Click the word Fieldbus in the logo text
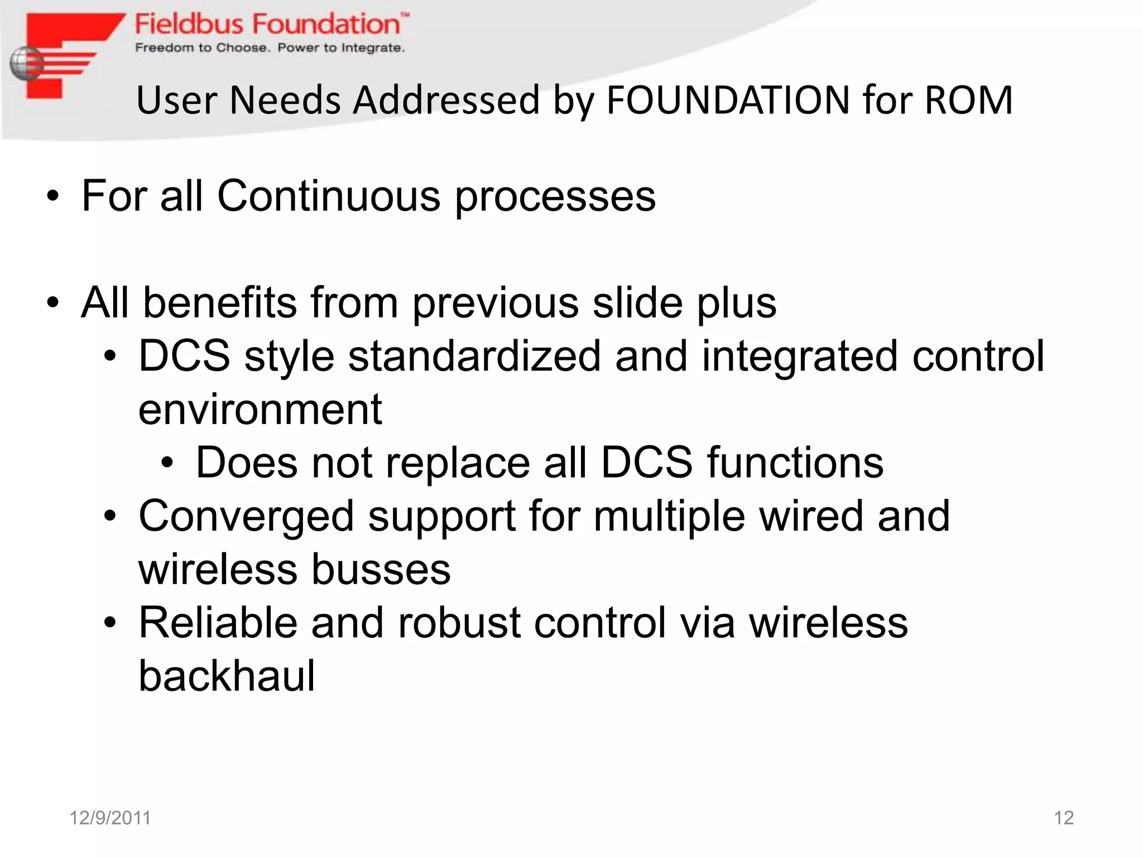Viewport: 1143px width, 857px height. click(189, 25)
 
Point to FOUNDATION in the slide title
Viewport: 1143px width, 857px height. click(728, 100)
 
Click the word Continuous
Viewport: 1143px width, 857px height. click(329, 196)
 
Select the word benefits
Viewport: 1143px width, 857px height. click(220, 303)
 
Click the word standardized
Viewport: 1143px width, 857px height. click(474, 356)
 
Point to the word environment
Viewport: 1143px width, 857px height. click(260, 410)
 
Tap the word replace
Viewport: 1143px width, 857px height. click(457, 463)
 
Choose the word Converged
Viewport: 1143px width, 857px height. click(246, 516)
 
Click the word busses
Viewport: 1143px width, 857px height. click(381, 570)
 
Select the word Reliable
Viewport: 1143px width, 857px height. click(218, 623)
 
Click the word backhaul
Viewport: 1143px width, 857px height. click(227, 676)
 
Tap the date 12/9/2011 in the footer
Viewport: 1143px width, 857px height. click(110, 818)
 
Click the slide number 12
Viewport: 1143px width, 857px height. click(1064, 818)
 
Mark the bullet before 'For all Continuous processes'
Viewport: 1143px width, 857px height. click(52, 197)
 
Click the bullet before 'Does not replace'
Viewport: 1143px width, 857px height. click(167, 464)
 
